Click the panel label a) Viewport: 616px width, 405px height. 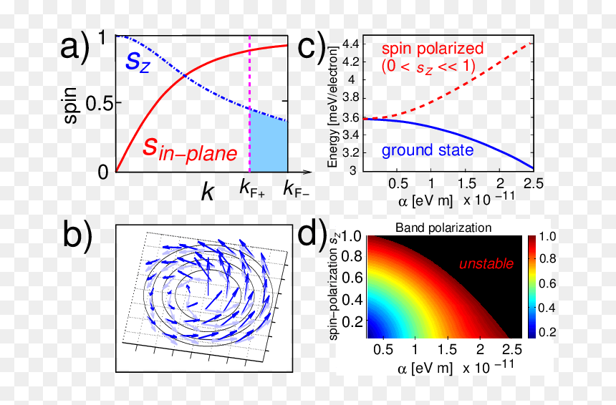(75, 47)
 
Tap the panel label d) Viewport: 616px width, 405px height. (312, 234)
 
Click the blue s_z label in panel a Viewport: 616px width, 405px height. (138, 62)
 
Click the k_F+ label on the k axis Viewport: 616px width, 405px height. (252, 189)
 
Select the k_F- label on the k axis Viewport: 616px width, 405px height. (297, 189)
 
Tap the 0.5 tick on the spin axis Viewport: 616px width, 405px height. (99, 104)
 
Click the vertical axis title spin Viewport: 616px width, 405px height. (70, 105)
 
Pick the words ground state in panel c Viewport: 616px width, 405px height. (428, 150)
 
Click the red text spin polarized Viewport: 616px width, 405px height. (433, 49)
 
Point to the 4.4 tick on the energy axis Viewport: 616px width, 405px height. (351, 44)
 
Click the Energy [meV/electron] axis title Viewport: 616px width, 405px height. (332, 107)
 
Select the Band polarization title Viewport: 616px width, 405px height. (443, 228)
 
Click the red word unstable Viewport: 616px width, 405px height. (486, 264)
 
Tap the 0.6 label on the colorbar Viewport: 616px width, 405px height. (547, 283)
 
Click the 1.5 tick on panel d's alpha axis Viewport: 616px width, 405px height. (448, 349)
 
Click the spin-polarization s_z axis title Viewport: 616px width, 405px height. (334, 286)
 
